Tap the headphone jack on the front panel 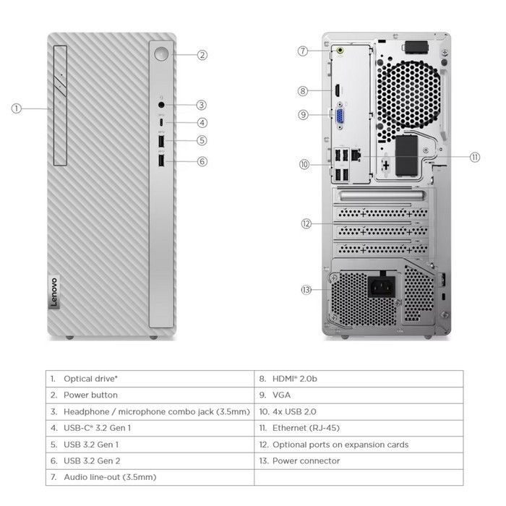click(162, 105)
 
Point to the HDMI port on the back click(338, 92)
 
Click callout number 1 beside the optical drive click(17, 108)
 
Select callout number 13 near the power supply click(306, 290)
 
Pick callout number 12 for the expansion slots click(306, 223)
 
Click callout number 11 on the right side click(474, 157)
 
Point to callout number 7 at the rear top click(304, 51)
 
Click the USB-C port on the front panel click(162, 122)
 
